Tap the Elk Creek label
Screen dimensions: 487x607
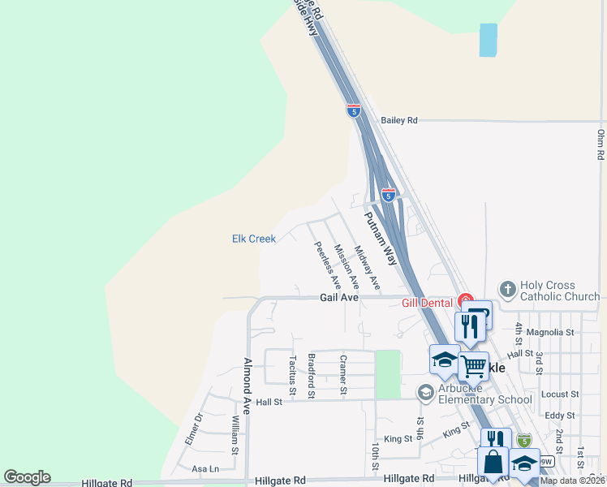click(x=254, y=239)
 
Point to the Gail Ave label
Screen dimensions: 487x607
click(x=338, y=298)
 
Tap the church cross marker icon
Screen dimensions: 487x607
click(x=507, y=289)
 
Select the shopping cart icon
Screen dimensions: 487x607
click(x=473, y=365)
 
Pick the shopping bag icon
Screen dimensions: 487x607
click(x=493, y=462)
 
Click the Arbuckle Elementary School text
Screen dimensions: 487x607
click(x=484, y=393)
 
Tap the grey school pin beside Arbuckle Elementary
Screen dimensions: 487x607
click(x=425, y=393)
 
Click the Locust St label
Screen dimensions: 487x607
click(x=559, y=394)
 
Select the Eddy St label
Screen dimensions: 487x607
click(x=560, y=415)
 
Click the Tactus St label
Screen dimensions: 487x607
click(x=291, y=372)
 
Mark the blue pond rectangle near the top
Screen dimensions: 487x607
click(x=488, y=40)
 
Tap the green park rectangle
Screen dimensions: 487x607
click(x=388, y=374)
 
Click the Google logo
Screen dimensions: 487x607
click(x=27, y=477)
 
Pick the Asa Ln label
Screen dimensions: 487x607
click(x=204, y=469)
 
